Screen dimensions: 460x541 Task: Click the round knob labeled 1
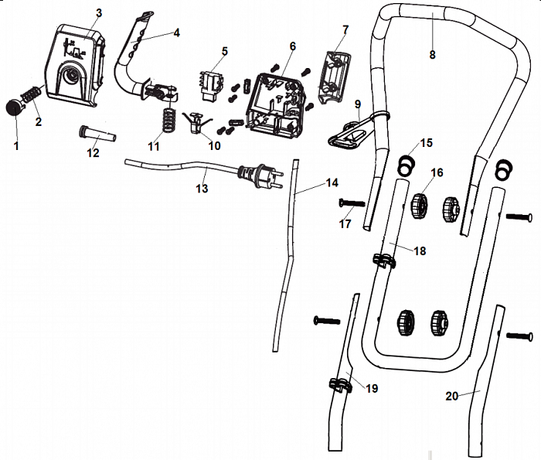tap(15, 107)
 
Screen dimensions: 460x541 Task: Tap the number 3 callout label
tap(99, 14)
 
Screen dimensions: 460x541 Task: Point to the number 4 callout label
tap(177, 32)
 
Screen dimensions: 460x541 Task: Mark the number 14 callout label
tap(332, 183)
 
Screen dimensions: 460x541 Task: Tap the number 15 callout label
tap(427, 143)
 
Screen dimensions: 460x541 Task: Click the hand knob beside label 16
tap(420, 206)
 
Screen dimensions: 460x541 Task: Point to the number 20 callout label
tap(452, 395)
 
